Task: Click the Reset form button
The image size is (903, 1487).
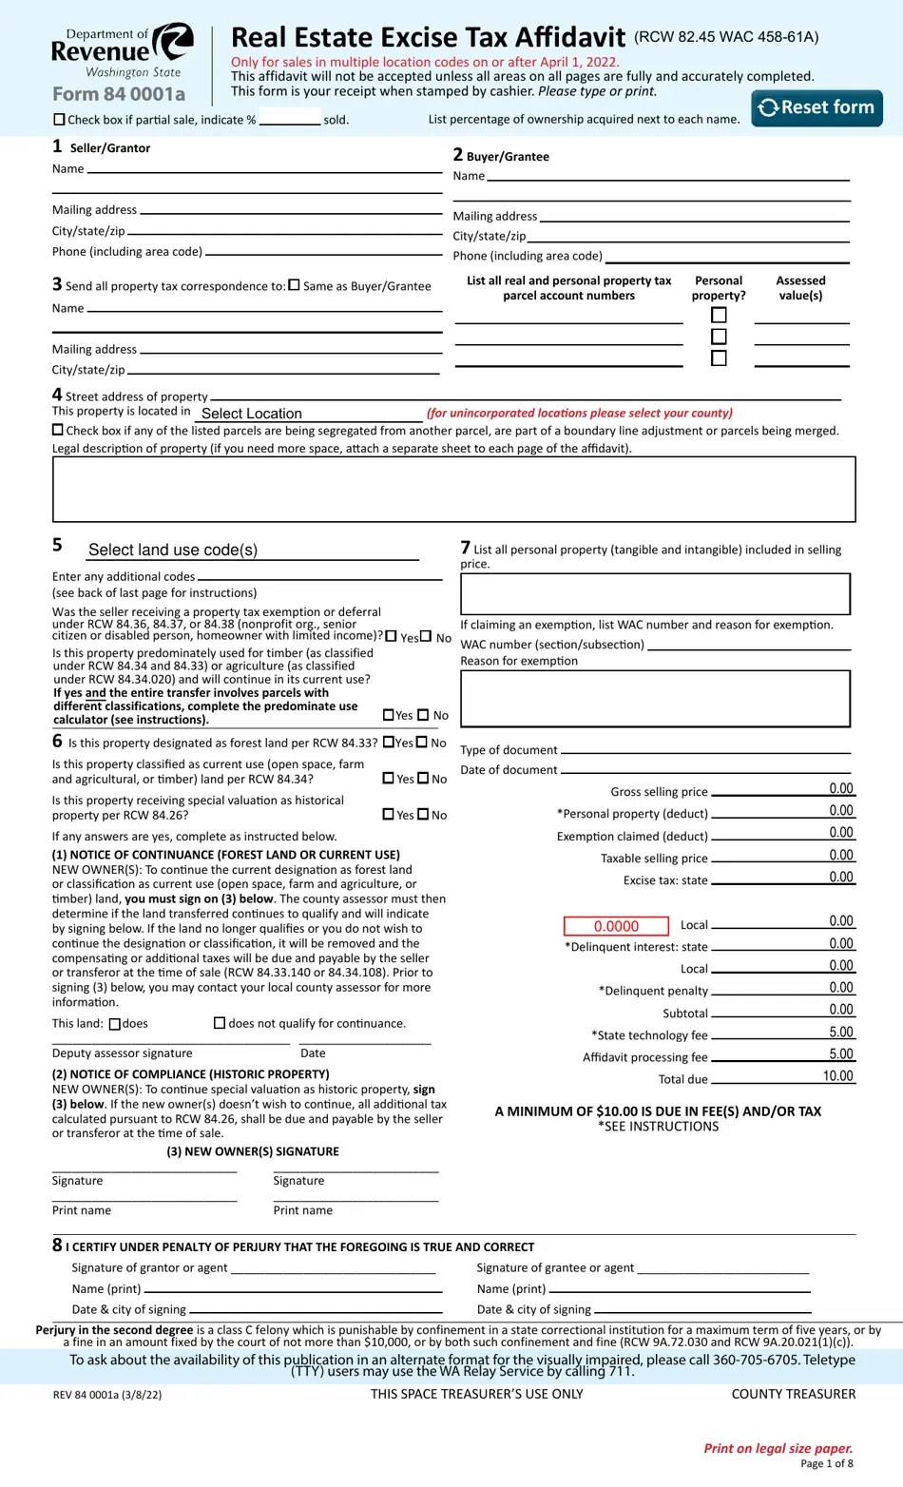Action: click(817, 107)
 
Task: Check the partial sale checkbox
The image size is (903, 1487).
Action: click(60, 120)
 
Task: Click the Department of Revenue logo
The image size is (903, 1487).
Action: click(122, 51)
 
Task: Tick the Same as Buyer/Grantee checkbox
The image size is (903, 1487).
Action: click(295, 285)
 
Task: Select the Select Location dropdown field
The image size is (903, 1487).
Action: click(308, 414)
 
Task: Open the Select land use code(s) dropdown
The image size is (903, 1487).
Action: click(252, 550)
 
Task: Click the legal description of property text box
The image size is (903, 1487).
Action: click(453, 489)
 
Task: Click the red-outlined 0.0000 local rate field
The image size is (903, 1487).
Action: click(616, 926)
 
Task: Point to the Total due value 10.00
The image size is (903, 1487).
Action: click(837, 1076)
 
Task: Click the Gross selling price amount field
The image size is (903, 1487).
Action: click(783, 789)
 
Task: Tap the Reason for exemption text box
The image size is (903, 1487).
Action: click(655, 699)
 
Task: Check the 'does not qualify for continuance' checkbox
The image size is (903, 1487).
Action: click(220, 1023)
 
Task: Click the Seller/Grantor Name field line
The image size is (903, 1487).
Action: click(264, 169)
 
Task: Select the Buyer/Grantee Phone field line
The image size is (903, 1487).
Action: click(727, 256)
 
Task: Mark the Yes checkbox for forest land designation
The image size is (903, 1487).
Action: click(389, 743)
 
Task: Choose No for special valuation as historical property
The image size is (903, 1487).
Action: click(424, 814)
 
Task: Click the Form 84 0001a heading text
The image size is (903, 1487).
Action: click(119, 94)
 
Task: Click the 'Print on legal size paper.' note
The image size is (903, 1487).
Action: click(778, 1448)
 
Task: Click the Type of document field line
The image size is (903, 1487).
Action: click(704, 749)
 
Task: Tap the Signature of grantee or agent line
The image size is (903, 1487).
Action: click(722, 1267)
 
